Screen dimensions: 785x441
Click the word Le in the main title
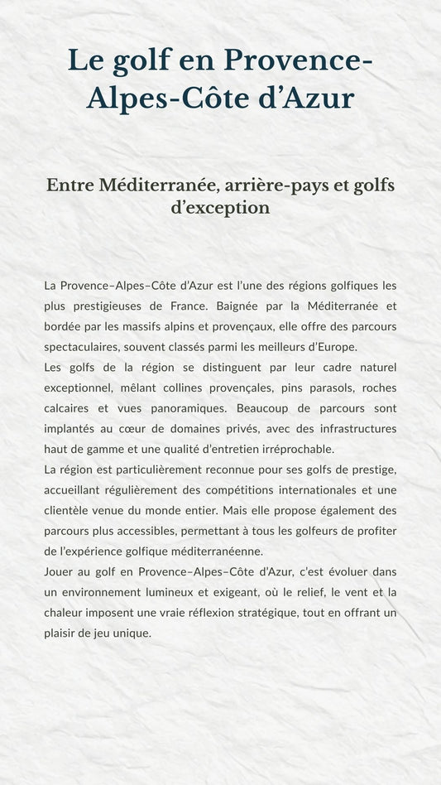(x=84, y=60)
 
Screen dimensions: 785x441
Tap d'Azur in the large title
(x=309, y=99)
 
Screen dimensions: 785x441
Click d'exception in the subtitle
(x=220, y=208)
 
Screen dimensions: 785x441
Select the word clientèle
(x=71, y=511)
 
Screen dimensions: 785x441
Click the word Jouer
(x=60, y=572)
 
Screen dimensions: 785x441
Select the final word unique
(x=133, y=633)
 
